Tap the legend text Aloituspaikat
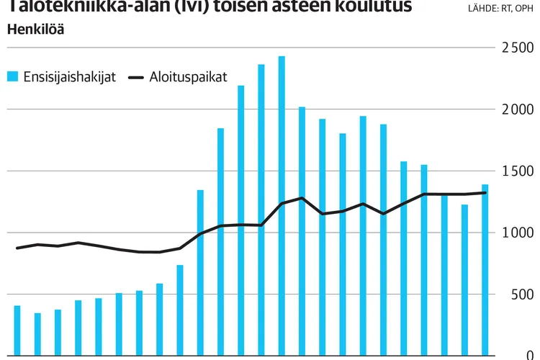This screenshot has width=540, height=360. [x=189, y=77]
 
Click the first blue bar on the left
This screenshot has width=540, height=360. [x=17, y=330]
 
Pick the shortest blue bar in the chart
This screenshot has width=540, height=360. [x=37, y=334]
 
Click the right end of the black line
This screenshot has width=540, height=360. [x=485, y=192]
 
